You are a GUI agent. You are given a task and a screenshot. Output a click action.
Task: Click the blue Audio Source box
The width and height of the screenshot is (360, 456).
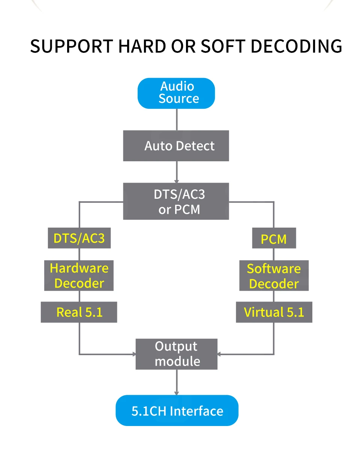click(x=176, y=93)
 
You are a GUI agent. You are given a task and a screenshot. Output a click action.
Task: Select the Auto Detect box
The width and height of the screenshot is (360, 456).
click(x=176, y=145)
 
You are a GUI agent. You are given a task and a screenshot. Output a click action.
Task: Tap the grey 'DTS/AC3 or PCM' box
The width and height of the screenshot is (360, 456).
click(x=176, y=201)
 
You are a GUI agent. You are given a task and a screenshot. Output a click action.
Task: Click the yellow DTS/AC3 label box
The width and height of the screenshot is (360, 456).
click(x=79, y=238)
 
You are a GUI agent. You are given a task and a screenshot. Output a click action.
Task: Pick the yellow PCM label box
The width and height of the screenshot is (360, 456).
click(x=274, y=238)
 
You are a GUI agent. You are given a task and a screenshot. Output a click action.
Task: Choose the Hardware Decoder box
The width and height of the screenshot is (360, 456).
click(x=79, y=276)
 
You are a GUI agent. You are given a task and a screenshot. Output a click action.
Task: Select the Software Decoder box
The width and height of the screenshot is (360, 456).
click(x=274, y=276)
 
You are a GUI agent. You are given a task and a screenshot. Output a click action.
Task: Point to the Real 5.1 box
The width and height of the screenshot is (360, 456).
click(x=79, y=312)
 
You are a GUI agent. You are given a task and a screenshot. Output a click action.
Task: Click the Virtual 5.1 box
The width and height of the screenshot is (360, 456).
click(x=274, y=312)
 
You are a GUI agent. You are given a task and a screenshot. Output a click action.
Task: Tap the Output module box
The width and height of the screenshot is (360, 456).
click(x=176, y=354)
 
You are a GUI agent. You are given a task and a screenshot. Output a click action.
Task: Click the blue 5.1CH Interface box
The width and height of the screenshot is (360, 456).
click(x=177, y=411)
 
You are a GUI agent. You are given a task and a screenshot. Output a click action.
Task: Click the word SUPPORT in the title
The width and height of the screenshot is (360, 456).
click(x=72, y=46)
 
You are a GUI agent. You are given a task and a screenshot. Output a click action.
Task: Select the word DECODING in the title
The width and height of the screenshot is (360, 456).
click(x=296, y=46)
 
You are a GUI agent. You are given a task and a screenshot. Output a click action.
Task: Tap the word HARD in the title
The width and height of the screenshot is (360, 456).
click(x=142, y=46)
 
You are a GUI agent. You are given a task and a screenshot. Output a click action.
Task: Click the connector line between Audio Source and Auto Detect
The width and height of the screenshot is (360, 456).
click(x=176, y=120)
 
